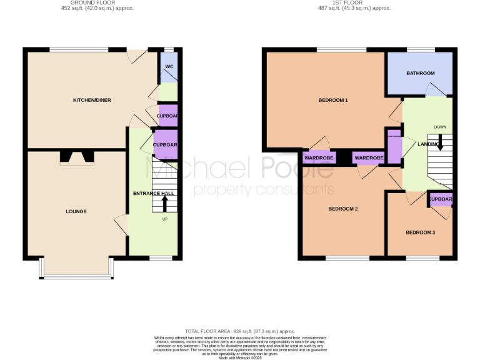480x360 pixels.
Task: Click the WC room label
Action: pyautogui.click(x=169, y=67)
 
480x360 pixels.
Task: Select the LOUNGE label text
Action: pyautogui.click(x=76, y=212)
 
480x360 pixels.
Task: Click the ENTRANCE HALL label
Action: pyautogui.click(x=153, y=194)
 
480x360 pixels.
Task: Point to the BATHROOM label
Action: pyautogui.click(x=420, y=74)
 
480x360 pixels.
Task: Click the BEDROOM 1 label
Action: pyautogui.click(x=332, y=101)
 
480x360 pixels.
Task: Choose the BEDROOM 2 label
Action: pyautogui.click(x=342, y=209)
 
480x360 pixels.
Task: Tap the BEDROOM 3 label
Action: pyautogui.click(x=420, y=233)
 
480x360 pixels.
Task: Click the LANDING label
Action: pyautogui.click(x=428, y=144)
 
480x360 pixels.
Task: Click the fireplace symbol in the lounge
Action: pyautogui.click(x=77, y=159)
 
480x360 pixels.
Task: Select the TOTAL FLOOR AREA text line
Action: pyautogui.click(x=240, y=331)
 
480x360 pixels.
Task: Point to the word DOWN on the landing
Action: pyautogui.click(x=440, y=127)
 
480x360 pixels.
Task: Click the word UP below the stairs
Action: pyautogui.click(x=165, y=219)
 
